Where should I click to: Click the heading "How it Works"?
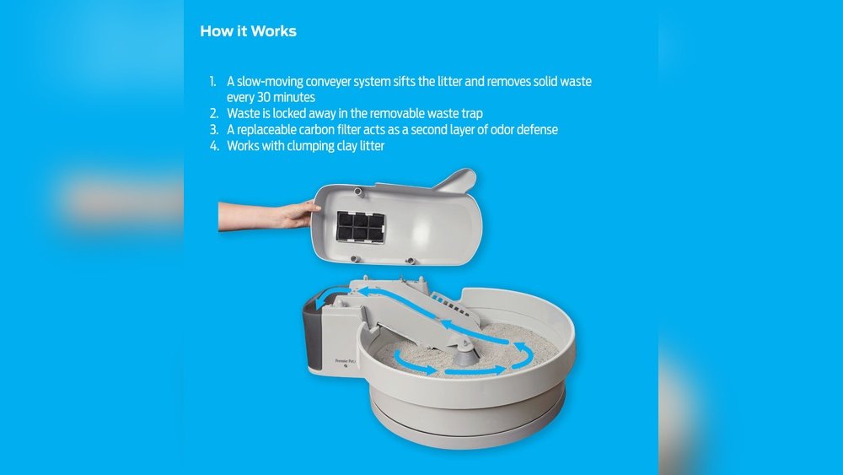(248, 31)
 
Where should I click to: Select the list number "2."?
(214, 113)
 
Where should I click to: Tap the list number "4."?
(214, 145)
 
